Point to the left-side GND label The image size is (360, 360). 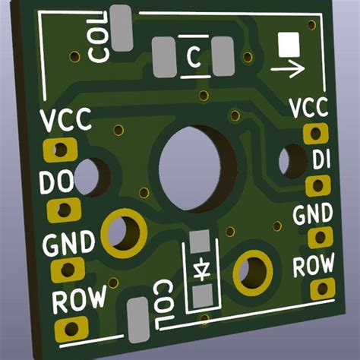[x=68, y=244]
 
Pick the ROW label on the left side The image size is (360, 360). [x=78, y=300]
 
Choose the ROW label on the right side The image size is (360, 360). [x=314, y=265]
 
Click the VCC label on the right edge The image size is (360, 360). [x=308, y=107]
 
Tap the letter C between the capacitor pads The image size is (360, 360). [x=194, y=57]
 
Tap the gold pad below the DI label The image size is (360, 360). [x=317, y=185]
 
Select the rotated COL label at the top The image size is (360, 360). [x=99, y=43]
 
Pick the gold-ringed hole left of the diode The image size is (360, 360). [x=122, y=232]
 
